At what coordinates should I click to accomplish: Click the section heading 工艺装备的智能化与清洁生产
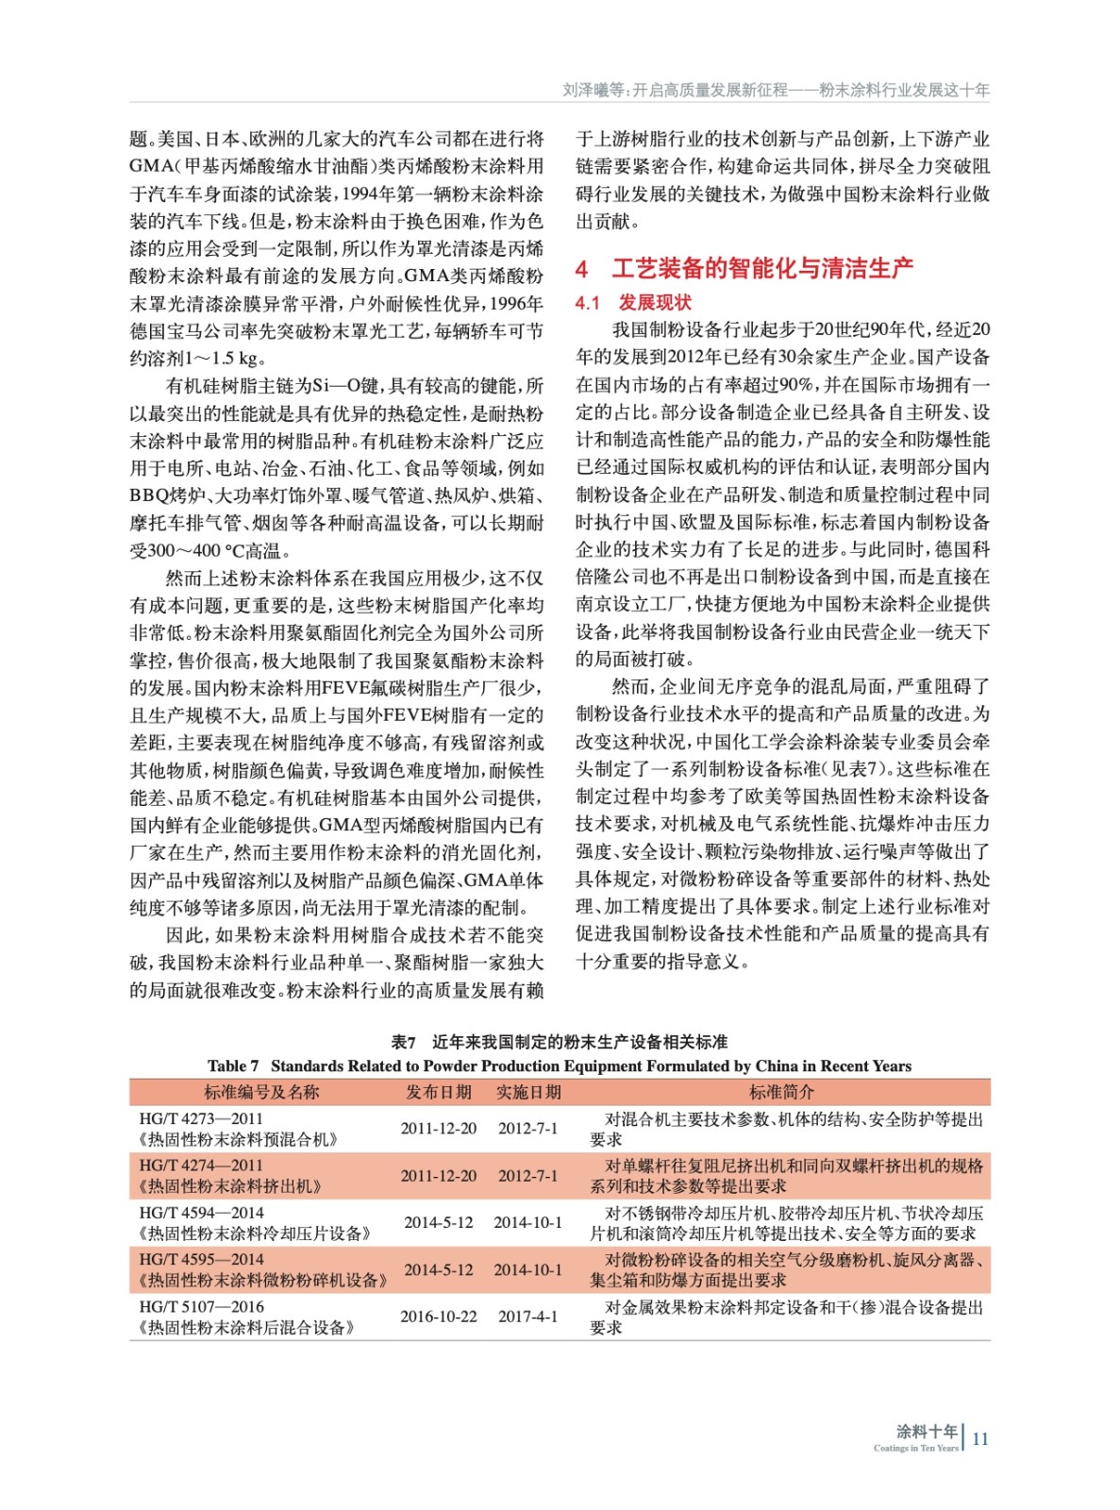pyautogui.click(x=762, y=269)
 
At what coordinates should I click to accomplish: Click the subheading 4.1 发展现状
pyautogui.click(x=633, y=302)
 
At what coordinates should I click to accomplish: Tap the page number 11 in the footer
pyautogui.click(x=979, y=1438)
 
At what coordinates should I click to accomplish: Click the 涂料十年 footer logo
pyautogui.click(x=926, y=1434)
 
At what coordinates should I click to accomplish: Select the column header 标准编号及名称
pyautogui.click(x=261, y=1092)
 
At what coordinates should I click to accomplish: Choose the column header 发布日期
pyautogui.click(x=439, y=1092)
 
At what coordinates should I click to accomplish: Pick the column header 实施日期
pyautogui.click(x=528, y=1092)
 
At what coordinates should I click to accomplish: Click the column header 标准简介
pyautogui.click(x=781, y=1092)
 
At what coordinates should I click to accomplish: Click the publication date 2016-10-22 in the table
pyautogui.click(x=439, y=1317)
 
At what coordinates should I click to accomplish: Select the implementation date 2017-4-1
pyautogui.click(x=528, y=1317)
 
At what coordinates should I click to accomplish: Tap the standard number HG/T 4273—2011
pyautogui.click(x=201, y=1119)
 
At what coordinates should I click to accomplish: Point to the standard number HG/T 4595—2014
pyautogui.click(x=201, y=1260)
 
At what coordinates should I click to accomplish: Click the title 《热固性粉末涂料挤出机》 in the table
pyautogui.click(x=230, y=1186)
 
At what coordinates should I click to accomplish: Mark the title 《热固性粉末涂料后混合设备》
pyautogui.click(x=246, y=1328)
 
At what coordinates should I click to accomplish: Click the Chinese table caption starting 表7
pyautogui.click(x=560, y=1042)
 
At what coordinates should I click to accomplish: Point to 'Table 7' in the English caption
pyautogui.click(x=233, y=1066)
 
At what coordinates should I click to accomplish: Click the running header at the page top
pyautogui.click(x=776, y=91)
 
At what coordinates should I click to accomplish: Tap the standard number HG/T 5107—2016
pyautogui.click(x=201, y=1307)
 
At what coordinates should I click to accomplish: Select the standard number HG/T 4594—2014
pyautogui.click(x=201, y=1213)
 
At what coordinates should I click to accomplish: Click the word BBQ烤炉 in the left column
pyautogui.click(x=165, y=495)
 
